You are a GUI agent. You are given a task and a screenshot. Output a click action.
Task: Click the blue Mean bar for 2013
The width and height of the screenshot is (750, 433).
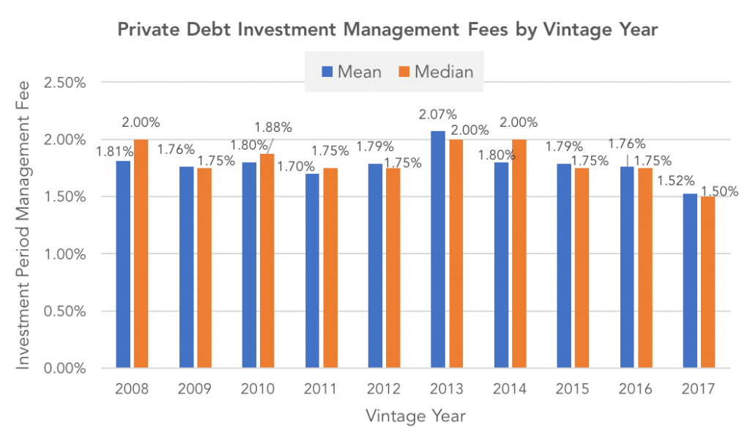[437, 249]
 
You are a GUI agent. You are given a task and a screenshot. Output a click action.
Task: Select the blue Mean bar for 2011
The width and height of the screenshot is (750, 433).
[312, 270]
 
